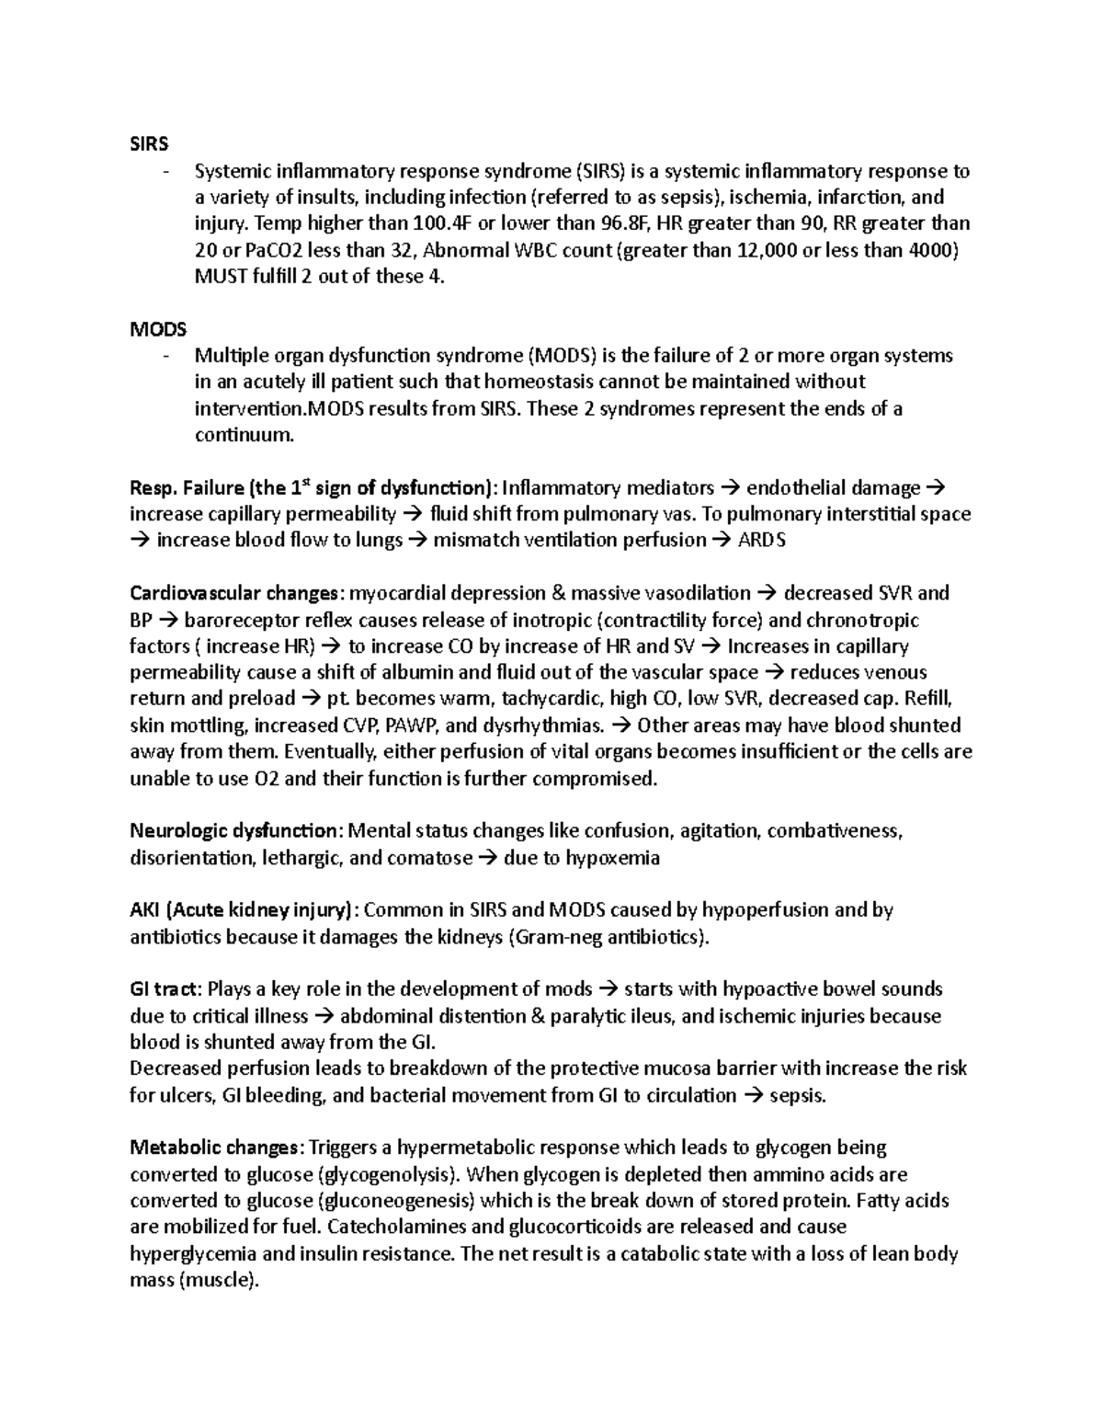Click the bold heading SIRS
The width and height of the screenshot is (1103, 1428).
[149, 144]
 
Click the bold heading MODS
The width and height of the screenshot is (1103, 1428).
[158, 329]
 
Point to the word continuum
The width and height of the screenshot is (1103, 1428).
[244, 435]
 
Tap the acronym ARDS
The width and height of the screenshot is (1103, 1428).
[762, 541]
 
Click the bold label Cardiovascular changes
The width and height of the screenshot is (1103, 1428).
[233, 593]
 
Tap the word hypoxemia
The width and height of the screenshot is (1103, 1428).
[612, 858]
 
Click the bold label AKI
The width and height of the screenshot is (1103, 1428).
[147, 910]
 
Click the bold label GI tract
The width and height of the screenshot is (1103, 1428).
[164, 989]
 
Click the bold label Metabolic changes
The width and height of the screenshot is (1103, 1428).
[213, 1148]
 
